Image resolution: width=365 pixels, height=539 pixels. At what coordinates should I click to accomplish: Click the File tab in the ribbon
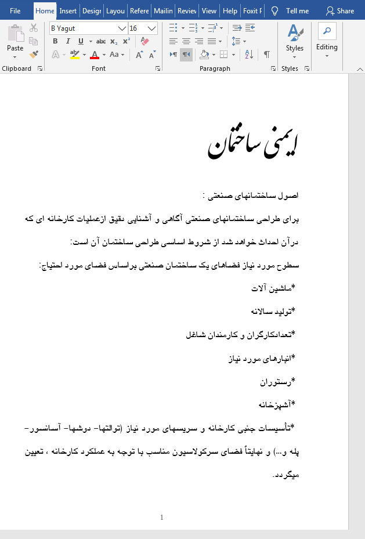(15, 10)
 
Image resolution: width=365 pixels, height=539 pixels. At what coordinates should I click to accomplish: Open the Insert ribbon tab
(68, 10)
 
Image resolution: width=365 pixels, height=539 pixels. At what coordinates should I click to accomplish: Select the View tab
(209, 10)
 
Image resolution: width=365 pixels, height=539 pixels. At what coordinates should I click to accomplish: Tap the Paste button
(15, 41)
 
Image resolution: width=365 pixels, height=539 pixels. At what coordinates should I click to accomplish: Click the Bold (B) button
(55, 41)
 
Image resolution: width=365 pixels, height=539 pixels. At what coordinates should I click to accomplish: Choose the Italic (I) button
(68, 41)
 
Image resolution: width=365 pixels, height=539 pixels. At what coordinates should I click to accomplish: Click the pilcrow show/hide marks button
(266, 55)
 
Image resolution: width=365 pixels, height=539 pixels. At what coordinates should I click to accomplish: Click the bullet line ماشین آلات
(273, 288)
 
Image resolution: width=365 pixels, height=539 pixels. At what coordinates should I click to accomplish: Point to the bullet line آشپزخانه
(276, 404)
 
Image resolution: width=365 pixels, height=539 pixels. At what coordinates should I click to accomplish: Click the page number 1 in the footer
(162, 517)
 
